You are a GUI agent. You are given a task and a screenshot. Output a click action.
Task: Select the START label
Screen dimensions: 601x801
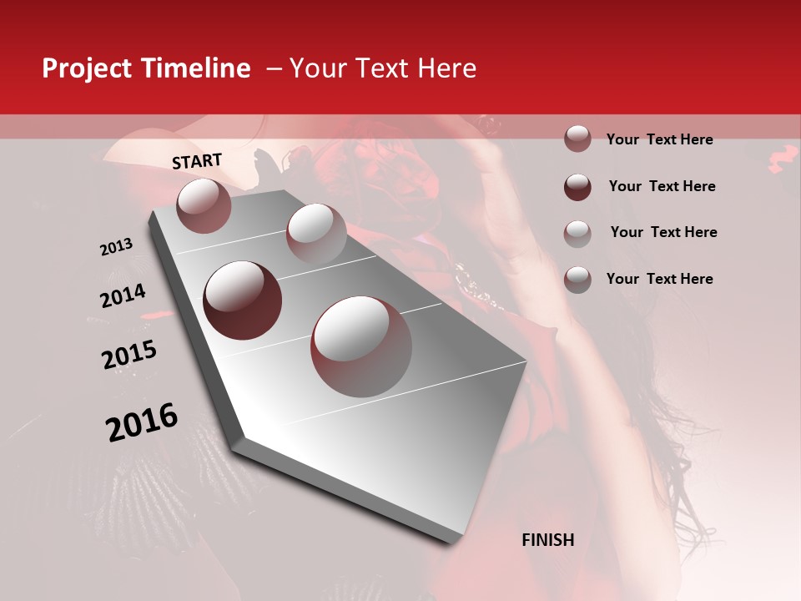[197, 161]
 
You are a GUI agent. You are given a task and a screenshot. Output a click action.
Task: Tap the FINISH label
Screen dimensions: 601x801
[547, 540]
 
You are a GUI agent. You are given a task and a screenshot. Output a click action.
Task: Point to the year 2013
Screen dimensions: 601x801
[116, 247]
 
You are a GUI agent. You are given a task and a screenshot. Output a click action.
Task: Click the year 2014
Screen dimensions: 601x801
[123, 295]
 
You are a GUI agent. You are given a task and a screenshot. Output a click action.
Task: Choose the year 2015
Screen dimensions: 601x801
[129, 355]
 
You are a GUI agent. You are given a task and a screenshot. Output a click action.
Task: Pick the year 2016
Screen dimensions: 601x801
[142, 422]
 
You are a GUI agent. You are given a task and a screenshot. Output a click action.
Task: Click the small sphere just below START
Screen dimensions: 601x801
[204, 205]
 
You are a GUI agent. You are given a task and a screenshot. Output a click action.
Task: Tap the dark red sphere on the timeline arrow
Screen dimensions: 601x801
[243, 300]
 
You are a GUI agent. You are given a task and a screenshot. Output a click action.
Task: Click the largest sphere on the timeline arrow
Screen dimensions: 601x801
[360, 346]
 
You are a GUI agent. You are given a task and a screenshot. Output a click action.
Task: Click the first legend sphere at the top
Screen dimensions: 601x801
[577, 139]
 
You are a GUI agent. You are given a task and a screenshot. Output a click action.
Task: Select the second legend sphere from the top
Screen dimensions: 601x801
[577, 186]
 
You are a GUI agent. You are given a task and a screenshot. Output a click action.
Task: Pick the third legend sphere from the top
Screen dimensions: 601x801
[577, 233]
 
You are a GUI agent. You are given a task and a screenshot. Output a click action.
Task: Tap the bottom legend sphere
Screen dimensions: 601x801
[577, 279]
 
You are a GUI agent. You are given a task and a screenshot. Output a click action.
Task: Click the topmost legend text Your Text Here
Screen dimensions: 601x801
[659, 139]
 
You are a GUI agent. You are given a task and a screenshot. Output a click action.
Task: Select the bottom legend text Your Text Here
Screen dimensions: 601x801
[659, 279]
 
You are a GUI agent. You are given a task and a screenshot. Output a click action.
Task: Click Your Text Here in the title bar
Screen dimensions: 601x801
[383, 68]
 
